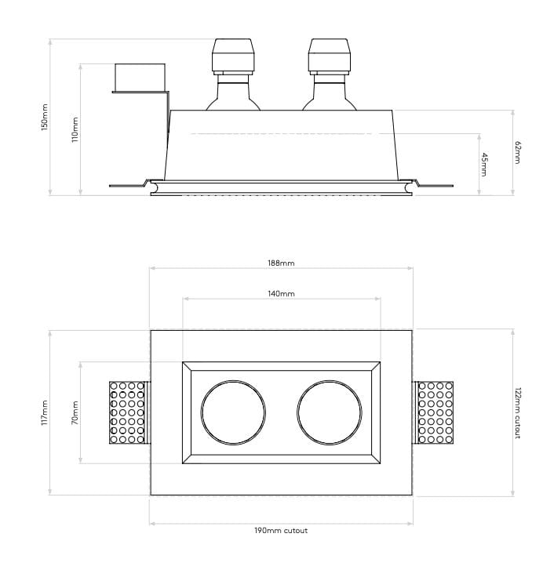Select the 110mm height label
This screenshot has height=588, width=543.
click(75, 129)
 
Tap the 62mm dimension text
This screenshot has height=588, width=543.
click(517, 152)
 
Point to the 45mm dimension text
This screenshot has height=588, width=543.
click(484, 164)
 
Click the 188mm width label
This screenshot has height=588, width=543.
click(281, 263)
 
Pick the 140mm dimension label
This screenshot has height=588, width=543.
click(281, 294)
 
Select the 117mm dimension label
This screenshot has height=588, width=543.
click(45, 412)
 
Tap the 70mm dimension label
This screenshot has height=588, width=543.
click(75, 412)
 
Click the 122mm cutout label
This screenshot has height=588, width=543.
click(517, 412)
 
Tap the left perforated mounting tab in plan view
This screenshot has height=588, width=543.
click(127, 412)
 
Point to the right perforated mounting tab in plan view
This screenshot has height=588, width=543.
click(435, 412)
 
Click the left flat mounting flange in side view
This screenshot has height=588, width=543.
click(127, 185)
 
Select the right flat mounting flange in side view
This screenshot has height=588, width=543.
click(434, 185)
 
